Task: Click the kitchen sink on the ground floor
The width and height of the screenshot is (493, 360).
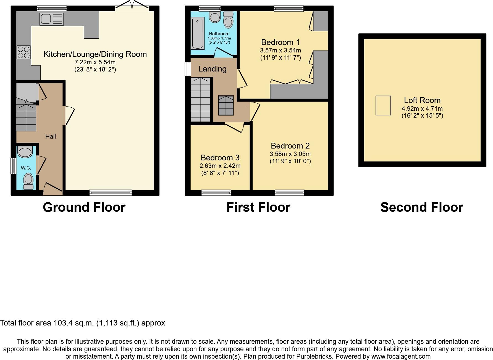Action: (52, 19)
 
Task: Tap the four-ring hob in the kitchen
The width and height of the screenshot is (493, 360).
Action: (24, 52)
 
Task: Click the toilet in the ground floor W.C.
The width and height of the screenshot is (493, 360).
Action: (28, 181)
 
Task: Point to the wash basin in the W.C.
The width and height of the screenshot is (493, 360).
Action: (25, 152)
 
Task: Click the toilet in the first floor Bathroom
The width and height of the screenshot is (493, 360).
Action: (228, 20)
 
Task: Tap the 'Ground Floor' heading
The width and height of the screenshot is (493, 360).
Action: (84, 207)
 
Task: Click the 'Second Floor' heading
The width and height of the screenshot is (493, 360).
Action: (421, 207)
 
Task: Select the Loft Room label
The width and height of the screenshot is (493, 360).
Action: (422, 100)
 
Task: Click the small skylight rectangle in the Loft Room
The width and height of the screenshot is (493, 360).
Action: (383, 105)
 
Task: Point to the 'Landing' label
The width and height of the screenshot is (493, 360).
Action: (212, 69)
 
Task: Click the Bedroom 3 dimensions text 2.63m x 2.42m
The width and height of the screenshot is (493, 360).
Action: (220, 166)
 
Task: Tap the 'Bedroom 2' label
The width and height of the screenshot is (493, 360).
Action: (290, 146)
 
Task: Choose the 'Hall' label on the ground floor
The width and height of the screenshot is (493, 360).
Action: (51, 136)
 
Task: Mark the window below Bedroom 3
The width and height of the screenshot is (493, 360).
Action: (216, 193)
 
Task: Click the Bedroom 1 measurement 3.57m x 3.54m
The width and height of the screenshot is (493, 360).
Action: (280, 51)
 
